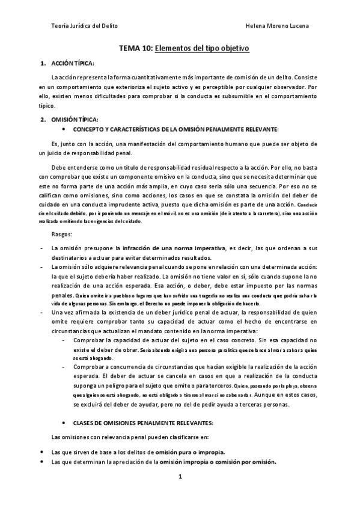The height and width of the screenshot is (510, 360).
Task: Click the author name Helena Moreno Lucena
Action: click(278, 26)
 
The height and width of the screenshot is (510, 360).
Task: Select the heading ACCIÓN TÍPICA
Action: click(73, 63)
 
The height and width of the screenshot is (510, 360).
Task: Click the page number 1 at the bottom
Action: click(180, 476)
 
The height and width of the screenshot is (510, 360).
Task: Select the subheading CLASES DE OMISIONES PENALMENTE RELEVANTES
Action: click(138, 423)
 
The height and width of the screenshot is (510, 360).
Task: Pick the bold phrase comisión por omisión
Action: click(243, 461)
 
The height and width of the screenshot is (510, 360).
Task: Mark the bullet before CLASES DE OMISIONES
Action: click(64, 423)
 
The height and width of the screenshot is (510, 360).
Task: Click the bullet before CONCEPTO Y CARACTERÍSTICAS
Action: click(64, 129)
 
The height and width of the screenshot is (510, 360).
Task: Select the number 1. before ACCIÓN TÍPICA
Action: click(43, 63)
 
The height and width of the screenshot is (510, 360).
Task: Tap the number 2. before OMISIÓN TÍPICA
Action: click(43, 120)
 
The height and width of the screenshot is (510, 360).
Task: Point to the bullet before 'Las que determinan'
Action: click(41, 461)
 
